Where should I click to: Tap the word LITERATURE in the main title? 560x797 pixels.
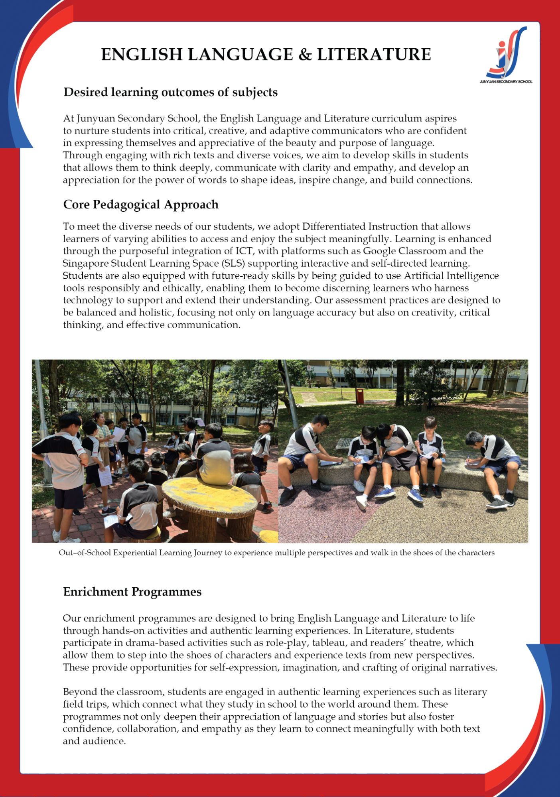click(x=374, y=55)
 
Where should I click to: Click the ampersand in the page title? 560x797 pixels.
click(x=305, y=55)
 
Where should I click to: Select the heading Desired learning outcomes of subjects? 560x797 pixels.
click(x=170, y=92)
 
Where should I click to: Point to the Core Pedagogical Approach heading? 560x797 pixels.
click(x=141, y=205)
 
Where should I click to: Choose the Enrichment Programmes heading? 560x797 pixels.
click(x=132, y=592)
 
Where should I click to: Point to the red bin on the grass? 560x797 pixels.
click(x=360, y=396)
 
